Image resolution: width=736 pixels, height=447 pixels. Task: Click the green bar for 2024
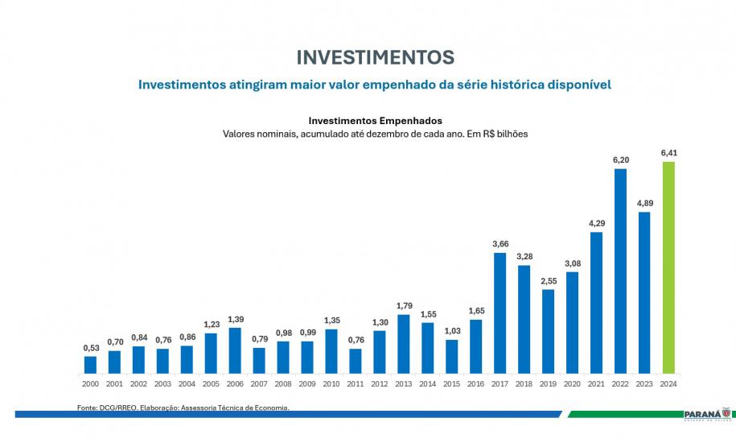tap(668, 267)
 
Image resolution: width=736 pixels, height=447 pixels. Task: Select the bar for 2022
tap(620, 271)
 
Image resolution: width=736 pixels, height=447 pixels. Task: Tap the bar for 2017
tap(500, 313)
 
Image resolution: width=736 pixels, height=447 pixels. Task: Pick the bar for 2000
tap(90, 365)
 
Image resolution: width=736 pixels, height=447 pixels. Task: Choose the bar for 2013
tap(403, 344)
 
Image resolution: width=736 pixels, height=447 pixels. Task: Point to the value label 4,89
tap(644, 202)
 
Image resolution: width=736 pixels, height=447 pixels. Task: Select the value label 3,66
tap(500, 243)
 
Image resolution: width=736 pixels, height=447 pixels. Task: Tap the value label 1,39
tap(235, 319)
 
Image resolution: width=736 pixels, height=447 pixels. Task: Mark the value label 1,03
tap(451, 330)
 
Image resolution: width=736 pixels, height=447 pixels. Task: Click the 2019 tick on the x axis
tap(548, 385)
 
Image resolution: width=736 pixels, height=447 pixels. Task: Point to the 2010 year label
tap(331, 385)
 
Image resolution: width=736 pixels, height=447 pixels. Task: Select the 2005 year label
tap(211, 385)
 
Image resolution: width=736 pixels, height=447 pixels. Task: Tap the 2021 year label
tap(596, 385)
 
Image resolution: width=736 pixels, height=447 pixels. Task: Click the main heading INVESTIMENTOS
tap(375, 57)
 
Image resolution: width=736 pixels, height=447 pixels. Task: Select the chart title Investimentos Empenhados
tap(375, 120)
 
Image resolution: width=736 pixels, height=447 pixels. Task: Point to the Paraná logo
tap(705, 414)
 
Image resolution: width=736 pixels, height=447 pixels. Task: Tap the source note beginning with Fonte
tap(183, 408)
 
